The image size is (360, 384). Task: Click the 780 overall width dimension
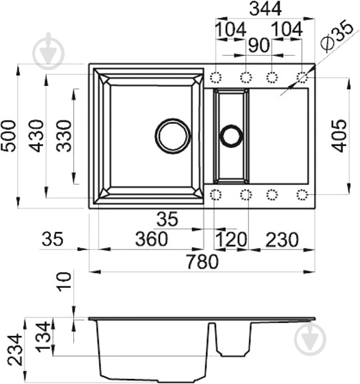pyautogui.click(x=202, y=263)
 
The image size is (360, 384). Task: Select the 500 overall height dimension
pyautogui.click(x=9, y=135)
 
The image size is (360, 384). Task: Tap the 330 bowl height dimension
pyautogui.click(x=64, y=135)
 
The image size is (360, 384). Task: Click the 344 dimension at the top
pyautogui.click(x=259, y=9)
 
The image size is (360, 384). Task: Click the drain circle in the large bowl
pyautogui.click(x=173, y=135)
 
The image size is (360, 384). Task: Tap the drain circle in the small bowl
pyautogui.click(x=232, y=135)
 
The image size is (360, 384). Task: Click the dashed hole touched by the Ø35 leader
pyautogui.click(x=302, y=77)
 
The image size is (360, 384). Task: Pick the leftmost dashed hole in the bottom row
pyautogui.click(x=216, y=194)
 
